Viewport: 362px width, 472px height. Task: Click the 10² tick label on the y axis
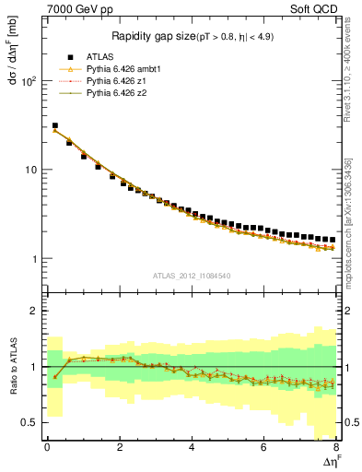tap(28, 81)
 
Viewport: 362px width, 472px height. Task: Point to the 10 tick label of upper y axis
tap(29, 170)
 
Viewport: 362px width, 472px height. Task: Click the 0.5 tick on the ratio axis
tap(28, 422)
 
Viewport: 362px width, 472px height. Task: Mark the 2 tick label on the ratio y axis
tap(35, 311)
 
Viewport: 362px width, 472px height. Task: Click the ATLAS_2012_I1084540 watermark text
tap(192, 277)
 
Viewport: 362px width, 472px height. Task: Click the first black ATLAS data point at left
tap(54, 125)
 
